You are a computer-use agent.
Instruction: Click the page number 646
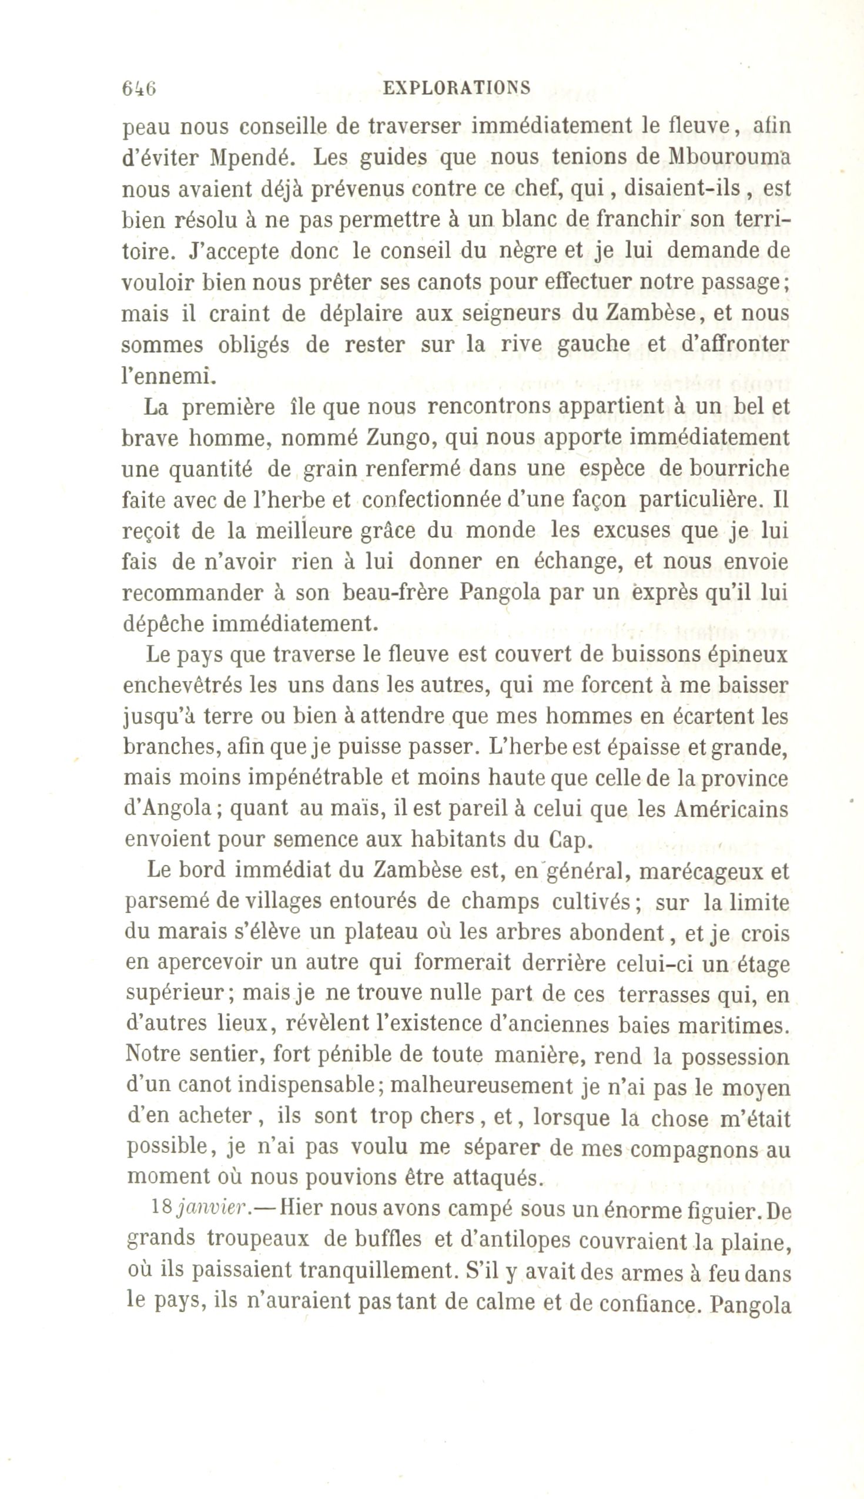click(139, 88)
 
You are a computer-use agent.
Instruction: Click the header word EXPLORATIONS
click(457, 88)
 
